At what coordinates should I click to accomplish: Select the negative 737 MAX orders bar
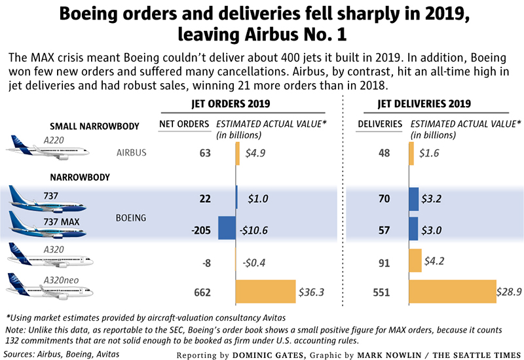[x=227, y=228]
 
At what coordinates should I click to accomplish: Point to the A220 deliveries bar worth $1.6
[x=411, y=153]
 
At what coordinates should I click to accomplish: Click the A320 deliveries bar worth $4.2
[x=415, y=260]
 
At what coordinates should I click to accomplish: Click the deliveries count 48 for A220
[x=384, y=154]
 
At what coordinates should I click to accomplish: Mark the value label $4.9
[x=255, y=154]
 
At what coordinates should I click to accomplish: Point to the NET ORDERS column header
[x=185, y=123]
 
